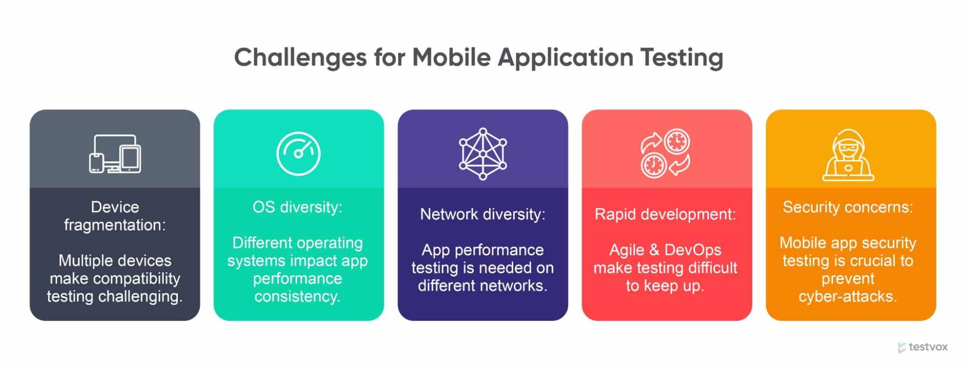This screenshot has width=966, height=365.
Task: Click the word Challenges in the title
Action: pyautogui.click(x=301, y=58)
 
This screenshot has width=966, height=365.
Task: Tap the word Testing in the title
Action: pyautogui.click(x=682, y=58)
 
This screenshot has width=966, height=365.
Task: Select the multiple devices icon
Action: pyautogui.click(x=115, y=154)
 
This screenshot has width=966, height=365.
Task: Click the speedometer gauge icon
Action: pyautogui.click(x=299, y=154)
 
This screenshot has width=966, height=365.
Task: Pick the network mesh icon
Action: pyautogui.click(x=483, y=154)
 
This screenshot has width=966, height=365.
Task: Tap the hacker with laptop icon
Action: pyautogui.click(x=848, y=155)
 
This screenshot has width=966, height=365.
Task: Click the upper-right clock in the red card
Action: pyautogui.click(x=677, y=142)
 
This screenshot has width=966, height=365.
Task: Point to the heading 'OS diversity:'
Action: pyautogui.click(x=298, y=207)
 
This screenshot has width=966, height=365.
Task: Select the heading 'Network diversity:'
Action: pyautogui.click(x=483, y=214)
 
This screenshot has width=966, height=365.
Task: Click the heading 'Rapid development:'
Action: pyautogui.click(x=665, y=214)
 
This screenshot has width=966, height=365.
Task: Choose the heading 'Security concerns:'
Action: pyautogui.click(x=848, y=207)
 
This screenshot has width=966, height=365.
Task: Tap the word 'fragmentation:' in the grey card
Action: pyautogui.click(x=115, y=225)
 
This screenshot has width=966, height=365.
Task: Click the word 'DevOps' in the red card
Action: pyautogui.click(x=693, y=249)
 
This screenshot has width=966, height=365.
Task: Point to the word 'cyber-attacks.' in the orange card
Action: pyautogui.click(x=848, y=296)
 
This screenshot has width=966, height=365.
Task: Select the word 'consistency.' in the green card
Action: pyautogui.click(x=298, y=296)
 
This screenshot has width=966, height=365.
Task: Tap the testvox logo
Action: pyautogui.click(x=923, y=347)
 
